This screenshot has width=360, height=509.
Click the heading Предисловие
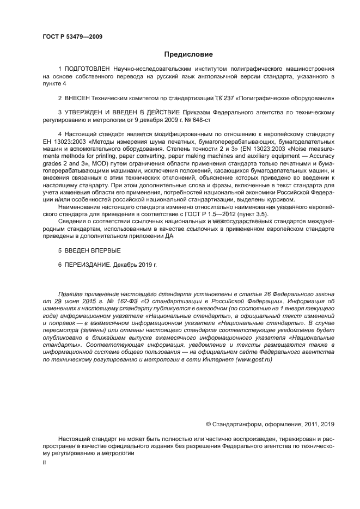(x=188, y=54)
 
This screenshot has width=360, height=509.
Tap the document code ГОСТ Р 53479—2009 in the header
(x=72, y=36)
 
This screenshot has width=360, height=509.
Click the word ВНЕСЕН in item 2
(x=79, y=98)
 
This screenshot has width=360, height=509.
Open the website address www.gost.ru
(x=253, y=360)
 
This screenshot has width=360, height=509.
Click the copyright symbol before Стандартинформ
(x=208, y=424)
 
